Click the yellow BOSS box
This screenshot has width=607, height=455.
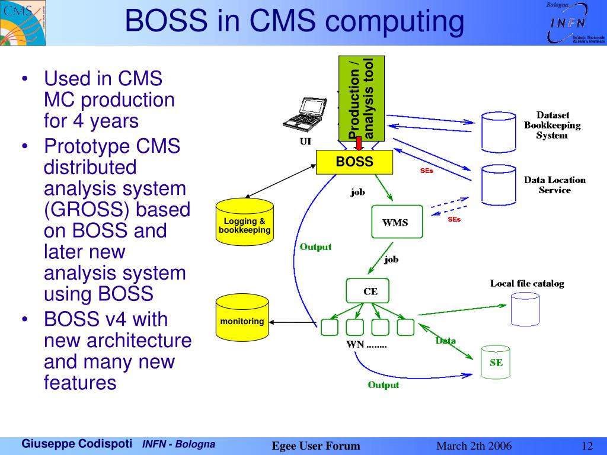pos(354,162)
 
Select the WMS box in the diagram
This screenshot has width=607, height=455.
pos(397,222)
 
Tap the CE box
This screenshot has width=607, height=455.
pos(368,290)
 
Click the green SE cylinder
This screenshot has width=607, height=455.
pos(496,363)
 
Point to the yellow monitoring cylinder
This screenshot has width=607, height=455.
pos(242,318)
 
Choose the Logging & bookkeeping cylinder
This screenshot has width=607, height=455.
pos(245,222)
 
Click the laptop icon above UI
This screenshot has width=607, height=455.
pos(305,114)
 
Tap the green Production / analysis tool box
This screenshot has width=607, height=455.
pos(362,99)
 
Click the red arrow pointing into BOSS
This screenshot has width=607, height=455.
pos(359,143)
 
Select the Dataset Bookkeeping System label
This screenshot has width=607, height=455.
pos(552,125)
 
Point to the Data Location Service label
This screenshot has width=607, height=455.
pos(555,185)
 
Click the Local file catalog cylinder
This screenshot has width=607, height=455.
pos(525,309)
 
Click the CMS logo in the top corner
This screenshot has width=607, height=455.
pos(23,23)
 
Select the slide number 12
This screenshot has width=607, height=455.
pos(587,446)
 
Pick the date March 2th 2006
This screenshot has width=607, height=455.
pos(474,446)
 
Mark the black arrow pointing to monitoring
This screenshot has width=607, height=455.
pos(293,322)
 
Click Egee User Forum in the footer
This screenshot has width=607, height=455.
pos(316,446)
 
